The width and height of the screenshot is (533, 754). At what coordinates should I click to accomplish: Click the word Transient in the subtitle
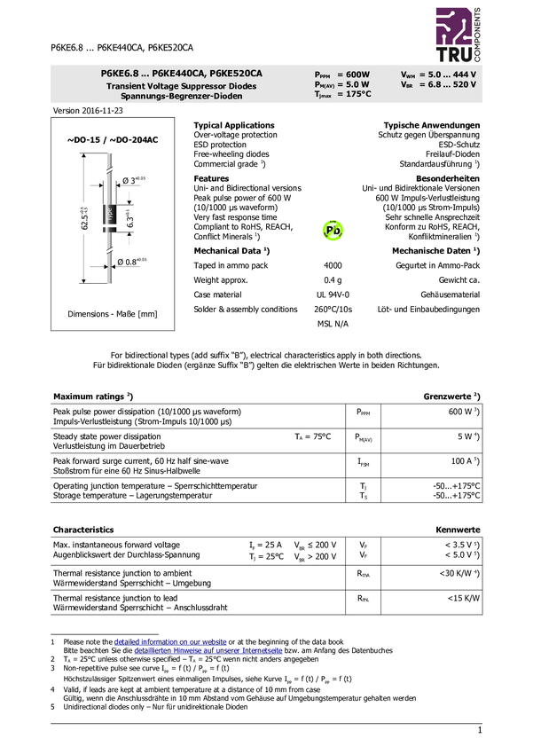(x=128, y=86)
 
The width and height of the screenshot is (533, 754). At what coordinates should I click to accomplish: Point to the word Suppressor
(x=212, y=86)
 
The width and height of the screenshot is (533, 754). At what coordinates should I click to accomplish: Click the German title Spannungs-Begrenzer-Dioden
(x=181, y=96)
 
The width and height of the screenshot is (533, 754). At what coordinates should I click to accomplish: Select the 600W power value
(x=358, y=75)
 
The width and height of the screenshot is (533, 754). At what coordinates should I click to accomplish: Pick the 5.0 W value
(x=357, y=84)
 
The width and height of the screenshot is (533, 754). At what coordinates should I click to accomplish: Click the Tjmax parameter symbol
(x=323, y=94)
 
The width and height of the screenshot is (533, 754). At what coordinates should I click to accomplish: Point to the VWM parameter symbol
(x=408, y=75)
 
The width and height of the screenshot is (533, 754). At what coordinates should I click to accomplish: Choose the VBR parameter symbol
(x=407, y=84)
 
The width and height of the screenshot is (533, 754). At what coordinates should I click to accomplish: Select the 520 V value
(x=465, y=84)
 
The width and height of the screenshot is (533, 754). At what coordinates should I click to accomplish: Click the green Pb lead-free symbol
(x=333, y=231)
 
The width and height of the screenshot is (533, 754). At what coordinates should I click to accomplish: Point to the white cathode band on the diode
(x=110, y=225)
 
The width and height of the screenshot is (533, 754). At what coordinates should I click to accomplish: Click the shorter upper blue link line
(x=170, y=640)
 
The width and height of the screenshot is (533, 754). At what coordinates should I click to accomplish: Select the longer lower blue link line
(x=208, y=651)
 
